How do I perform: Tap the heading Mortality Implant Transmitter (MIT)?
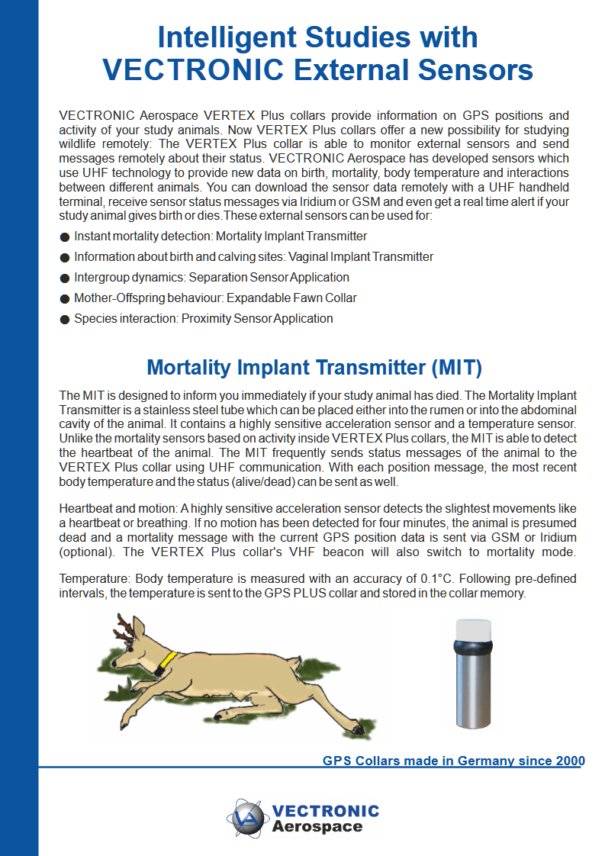pyautogui.click(x=314, y=368)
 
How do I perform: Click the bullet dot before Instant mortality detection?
pyautogui.click(x=65, y=237)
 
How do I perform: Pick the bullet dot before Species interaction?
pyautogui.click(x=65, y=319)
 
